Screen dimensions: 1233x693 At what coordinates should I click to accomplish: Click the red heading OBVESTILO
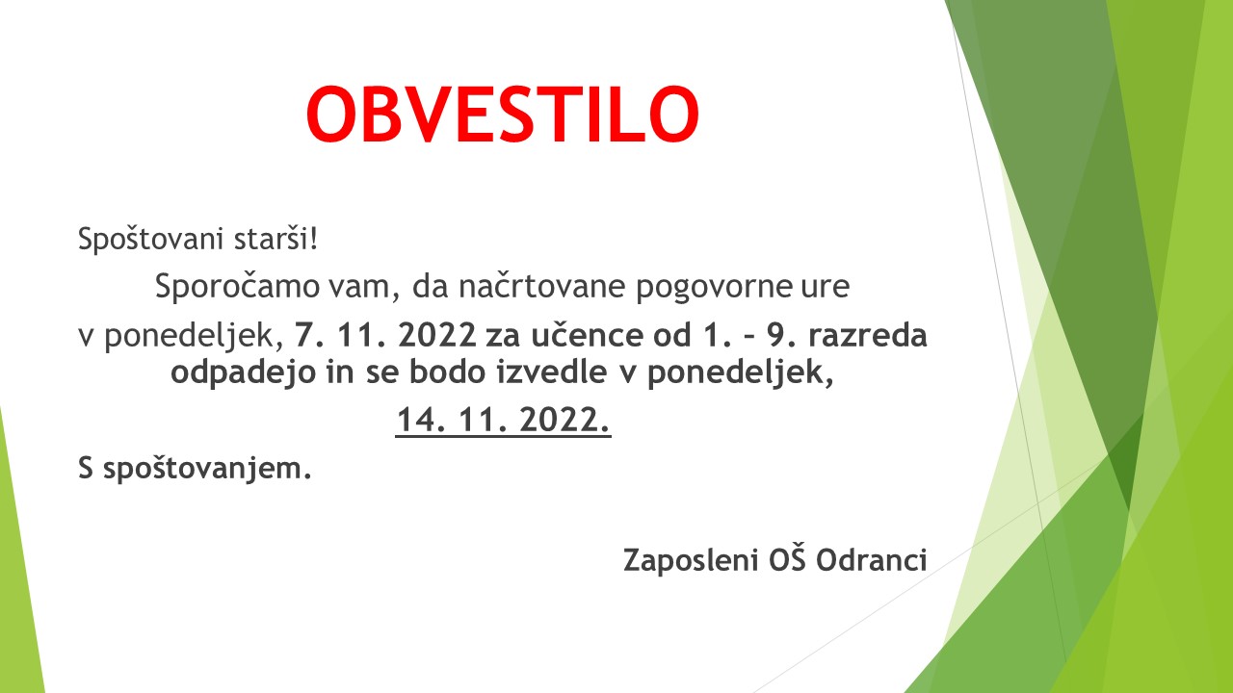(x=503, y=115)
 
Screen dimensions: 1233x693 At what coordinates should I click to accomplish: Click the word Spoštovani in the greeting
(x=150, y=240)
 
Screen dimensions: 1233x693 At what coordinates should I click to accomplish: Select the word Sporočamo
(x=237, y=286)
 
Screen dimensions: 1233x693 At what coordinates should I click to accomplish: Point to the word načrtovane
(x=541, y=286)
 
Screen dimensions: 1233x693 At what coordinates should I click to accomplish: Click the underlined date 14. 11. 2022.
(x=503, y=421)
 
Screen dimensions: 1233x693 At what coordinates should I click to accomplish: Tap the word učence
(x=587, y=335)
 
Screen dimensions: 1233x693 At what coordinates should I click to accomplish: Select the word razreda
(x=868, y=335)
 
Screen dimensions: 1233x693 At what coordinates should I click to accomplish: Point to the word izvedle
(x=552, y=372)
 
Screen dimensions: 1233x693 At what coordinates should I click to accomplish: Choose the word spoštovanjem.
(x=207, y=469)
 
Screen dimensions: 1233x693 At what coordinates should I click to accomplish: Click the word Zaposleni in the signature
(x=691, y=561)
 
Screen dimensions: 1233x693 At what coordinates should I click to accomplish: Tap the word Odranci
(x=872, y=560)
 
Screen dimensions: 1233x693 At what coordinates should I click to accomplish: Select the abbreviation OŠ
(x=787, y=558)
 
